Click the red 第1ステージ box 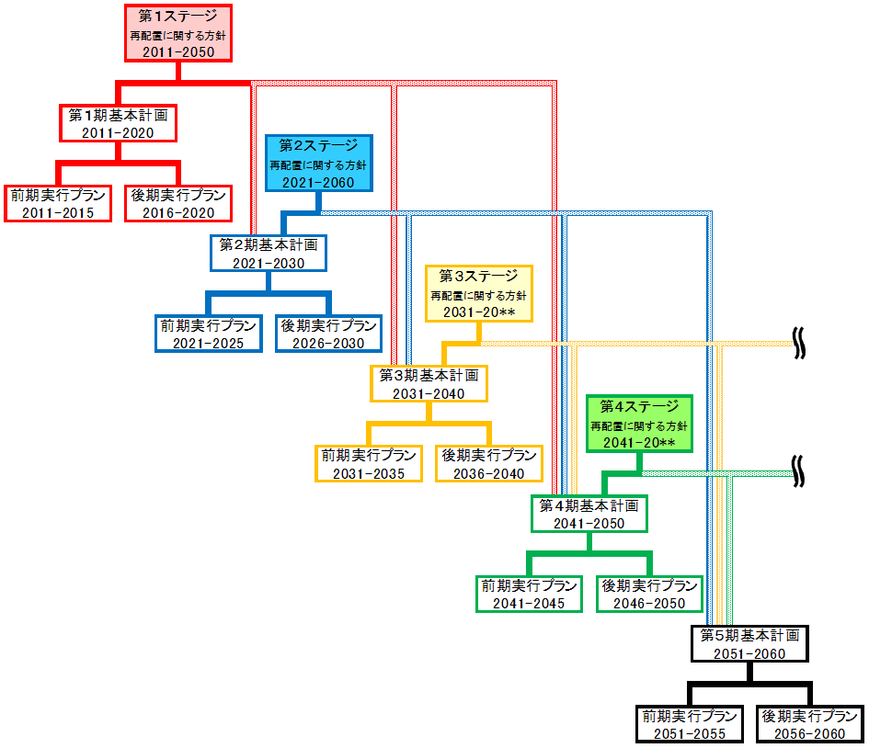pyautogui.click(x=177, y=34)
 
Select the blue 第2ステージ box pyautogui.click(x=318, y=164)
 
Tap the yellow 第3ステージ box pyautogui.click(x=478, y=293)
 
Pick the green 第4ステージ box pyautogui.click(x=639, y=424)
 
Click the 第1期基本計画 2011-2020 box pyautogui.click(x=118, y=123)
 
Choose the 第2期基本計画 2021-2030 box pyautogui.click(x=269, y=253)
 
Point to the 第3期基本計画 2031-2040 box pyautogui.click(x=429, y=383)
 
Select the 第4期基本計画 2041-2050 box pyautogui.click(x=589, y=514)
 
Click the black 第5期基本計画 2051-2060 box pyautogui.click(x=749, y=643)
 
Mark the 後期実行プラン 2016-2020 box pyautogui.click(x=178, y=203)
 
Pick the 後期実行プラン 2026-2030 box pyautogui.click(x=328, y=334)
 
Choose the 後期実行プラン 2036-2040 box pyautogui.click(x=488, y=464)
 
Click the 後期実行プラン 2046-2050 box pyautogui.click(x=649, y=594)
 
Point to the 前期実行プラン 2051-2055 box pyautogui.click(x=689, y=724)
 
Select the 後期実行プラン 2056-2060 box pyautogui.click(x=809, y=724)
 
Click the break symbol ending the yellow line pyautogui.click(x=800, y=344)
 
